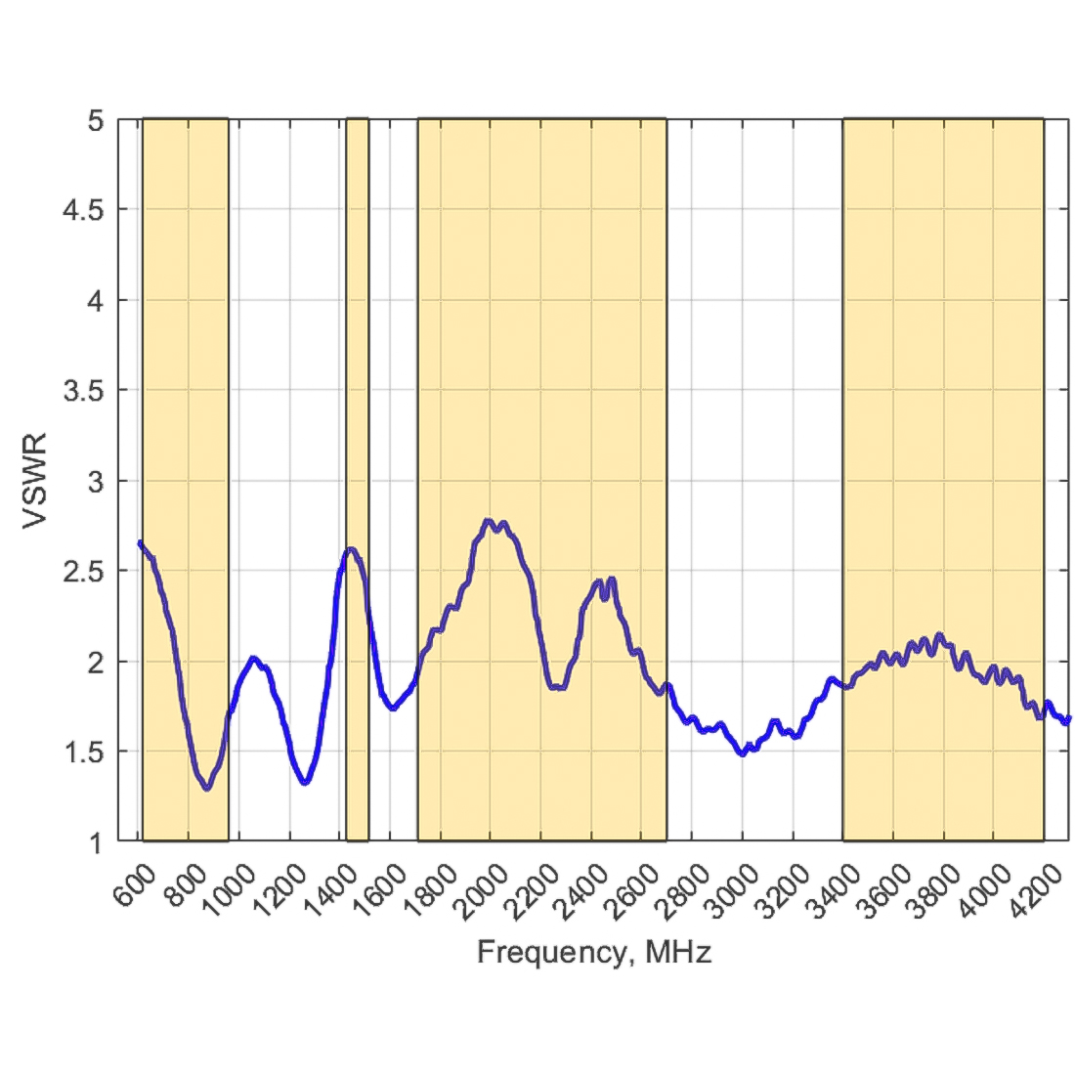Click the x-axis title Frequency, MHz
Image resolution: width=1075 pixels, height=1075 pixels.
[593, 952]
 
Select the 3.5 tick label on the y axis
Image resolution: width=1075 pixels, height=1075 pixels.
[87, 391]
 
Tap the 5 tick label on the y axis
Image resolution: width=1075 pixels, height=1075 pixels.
[96, 120]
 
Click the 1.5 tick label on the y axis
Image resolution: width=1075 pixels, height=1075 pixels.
[87, 752]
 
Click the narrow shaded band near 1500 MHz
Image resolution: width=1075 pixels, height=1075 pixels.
[358, 479]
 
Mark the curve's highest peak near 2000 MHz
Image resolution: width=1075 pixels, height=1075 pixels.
[489, 521]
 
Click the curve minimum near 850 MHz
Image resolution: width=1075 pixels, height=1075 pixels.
[206, 788]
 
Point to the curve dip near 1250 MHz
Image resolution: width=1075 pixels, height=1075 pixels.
[306, 783]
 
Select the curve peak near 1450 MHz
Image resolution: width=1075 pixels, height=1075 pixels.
[351, 548]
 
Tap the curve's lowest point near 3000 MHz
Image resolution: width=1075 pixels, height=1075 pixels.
[743, 754]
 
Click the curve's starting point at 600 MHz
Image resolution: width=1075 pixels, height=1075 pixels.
[141, 542]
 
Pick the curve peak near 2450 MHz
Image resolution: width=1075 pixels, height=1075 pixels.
[612, 579]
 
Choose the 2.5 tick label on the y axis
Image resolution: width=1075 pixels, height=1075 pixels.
[87, 572]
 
